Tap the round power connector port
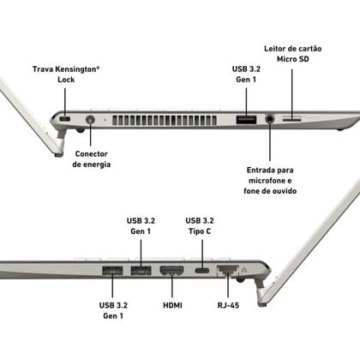(91, 119)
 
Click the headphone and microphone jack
(271, 119)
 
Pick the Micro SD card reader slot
(291, 118)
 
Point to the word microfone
(267, 180)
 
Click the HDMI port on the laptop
(171, 272)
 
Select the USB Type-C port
(202, 272)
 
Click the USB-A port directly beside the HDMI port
(140, 272)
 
